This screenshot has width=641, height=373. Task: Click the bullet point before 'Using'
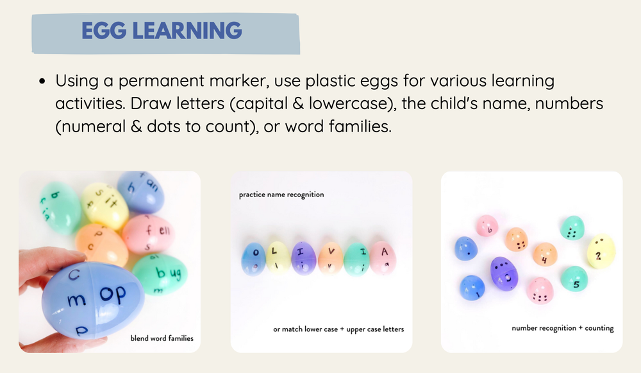click(42, 82)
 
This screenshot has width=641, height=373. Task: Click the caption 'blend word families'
click(162, 338)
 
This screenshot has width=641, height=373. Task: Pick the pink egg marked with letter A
click(383, 257)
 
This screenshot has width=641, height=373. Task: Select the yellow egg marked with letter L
click(279, 258)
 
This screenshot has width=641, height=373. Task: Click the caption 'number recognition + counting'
click(562, 328)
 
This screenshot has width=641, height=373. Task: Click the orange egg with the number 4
click(544, 257)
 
